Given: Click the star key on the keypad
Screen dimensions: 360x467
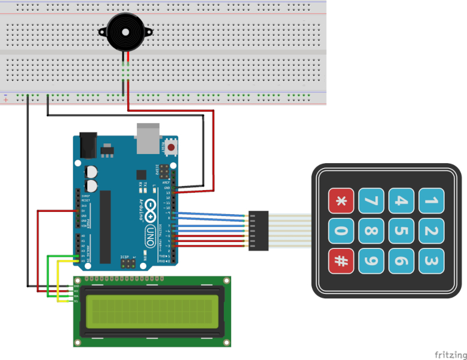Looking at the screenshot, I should pos(341,201).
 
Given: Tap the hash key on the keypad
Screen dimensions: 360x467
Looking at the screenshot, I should pos(341,261).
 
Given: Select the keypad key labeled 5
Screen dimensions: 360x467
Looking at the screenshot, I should pos(401,231).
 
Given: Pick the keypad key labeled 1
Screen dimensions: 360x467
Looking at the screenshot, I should pos(431,201).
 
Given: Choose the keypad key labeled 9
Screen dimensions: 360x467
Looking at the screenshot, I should pos(371,261).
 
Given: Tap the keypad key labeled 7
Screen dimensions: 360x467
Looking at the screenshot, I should pos(371,201).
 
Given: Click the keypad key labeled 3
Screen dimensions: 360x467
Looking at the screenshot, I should pos(431,261).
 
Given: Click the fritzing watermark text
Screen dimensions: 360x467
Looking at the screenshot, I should pos(450,354).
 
